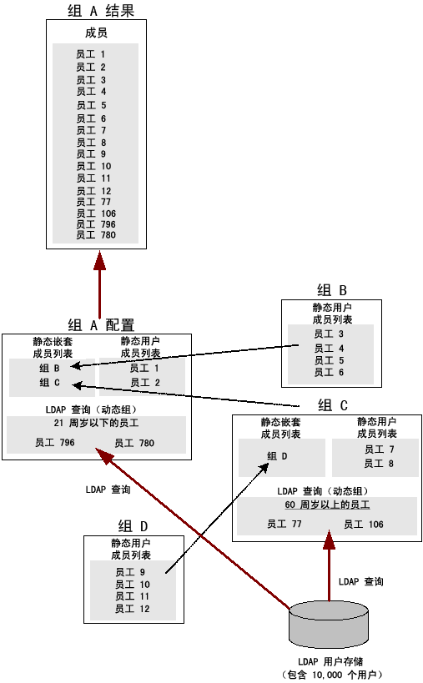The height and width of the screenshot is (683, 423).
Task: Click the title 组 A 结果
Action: (x=99, y=11)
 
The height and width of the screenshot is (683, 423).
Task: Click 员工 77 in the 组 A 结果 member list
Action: (x=93, y=202)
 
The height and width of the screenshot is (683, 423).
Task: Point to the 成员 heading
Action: (x=97, y=33)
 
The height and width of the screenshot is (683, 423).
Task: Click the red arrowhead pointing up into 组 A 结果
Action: (x=99, y=259)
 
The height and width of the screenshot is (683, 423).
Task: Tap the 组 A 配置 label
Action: (x=100, y=325)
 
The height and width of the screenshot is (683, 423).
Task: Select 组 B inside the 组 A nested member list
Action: (x=49, y=368)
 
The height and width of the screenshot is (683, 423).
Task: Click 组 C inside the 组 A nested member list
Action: (x=49, y=383)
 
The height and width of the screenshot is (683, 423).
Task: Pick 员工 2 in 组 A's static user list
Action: (x=144, y=383)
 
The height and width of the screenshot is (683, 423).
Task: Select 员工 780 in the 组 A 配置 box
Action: (x=134, y=443)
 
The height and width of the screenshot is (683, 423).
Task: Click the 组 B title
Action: (x=331, y=290)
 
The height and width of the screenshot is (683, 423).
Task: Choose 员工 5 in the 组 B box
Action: (x=330, y=360)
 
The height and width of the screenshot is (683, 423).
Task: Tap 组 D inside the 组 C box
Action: (x=277, y=455)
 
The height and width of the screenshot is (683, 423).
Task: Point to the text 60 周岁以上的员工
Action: (x=326, y=505)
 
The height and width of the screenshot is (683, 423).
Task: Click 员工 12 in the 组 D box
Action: (x=132, y=609)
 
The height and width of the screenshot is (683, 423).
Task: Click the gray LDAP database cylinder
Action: (x=327, y=625)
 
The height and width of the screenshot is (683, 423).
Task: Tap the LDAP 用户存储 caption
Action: (x=331, y=660)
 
